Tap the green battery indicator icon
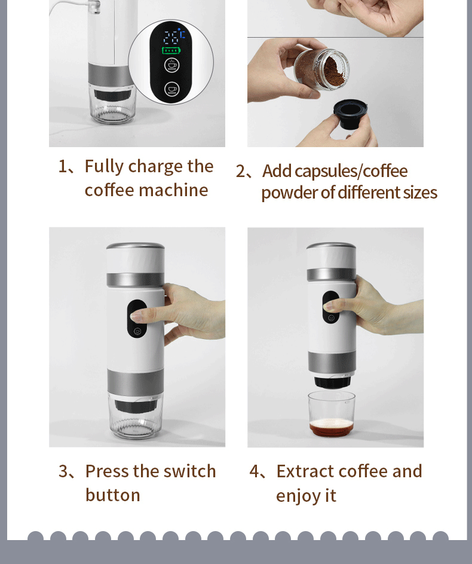[x=171, y=50]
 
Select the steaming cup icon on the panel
[x=171, y=65]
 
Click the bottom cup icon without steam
[x=171, y=89]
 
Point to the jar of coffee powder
[x=320, y=69]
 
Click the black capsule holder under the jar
[x=350, y=114]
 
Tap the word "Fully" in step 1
[x=104, y=167]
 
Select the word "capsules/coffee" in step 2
[x=351, y=171]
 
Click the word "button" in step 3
[x=113, y=495]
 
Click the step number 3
[x=63, y=471]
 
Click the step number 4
[x=255, y=471]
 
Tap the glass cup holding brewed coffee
[x=331, y=414]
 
